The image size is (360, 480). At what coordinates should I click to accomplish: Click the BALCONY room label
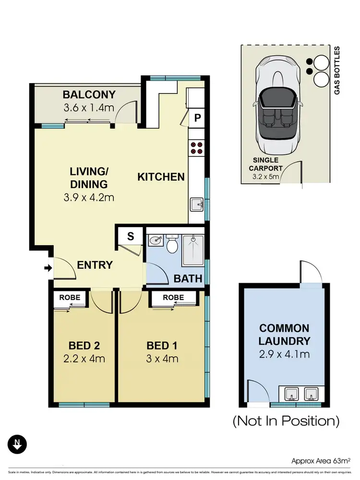click(89, 94)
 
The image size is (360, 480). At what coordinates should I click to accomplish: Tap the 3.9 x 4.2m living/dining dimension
click(88, 197)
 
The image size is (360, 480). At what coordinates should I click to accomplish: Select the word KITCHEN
click(161, 177)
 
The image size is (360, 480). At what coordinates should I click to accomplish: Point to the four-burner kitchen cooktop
click(196, 147)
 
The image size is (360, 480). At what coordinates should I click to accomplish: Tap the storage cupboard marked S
click(130, 236)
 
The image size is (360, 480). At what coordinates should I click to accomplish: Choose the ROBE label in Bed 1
click(173, 298)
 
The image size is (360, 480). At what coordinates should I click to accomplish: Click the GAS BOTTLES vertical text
click(337, 70)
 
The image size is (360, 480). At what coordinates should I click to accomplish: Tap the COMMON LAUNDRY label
click(284, 335)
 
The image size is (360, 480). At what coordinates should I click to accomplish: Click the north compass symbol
click(17, 444)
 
